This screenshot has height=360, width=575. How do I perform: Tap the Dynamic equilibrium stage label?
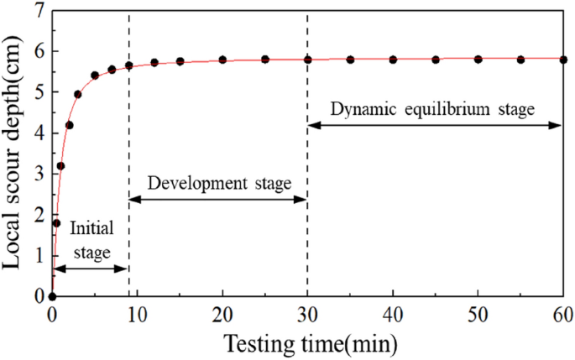click(432, 109)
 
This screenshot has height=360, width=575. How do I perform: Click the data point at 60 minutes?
click(563, 60)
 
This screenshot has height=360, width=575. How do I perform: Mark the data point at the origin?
click(52, 296)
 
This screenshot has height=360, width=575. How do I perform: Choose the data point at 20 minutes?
click(222, 60)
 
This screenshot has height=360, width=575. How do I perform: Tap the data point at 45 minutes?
click(436, 60)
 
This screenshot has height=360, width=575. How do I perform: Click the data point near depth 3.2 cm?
click(60, 166)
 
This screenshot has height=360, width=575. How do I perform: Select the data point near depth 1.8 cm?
click(56, 223)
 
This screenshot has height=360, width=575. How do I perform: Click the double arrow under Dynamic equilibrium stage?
click(435, 126)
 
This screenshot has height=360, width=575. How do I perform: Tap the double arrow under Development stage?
click(218, 199)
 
